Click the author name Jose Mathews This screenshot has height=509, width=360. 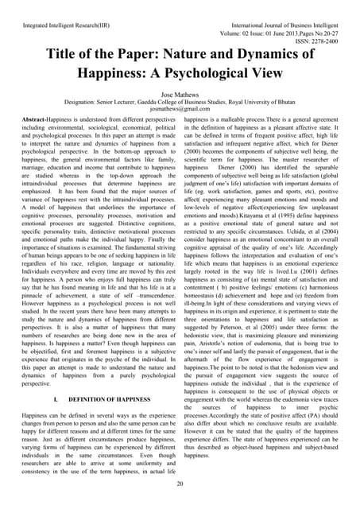[180, 92]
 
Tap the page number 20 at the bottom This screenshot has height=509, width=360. [180, 484]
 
